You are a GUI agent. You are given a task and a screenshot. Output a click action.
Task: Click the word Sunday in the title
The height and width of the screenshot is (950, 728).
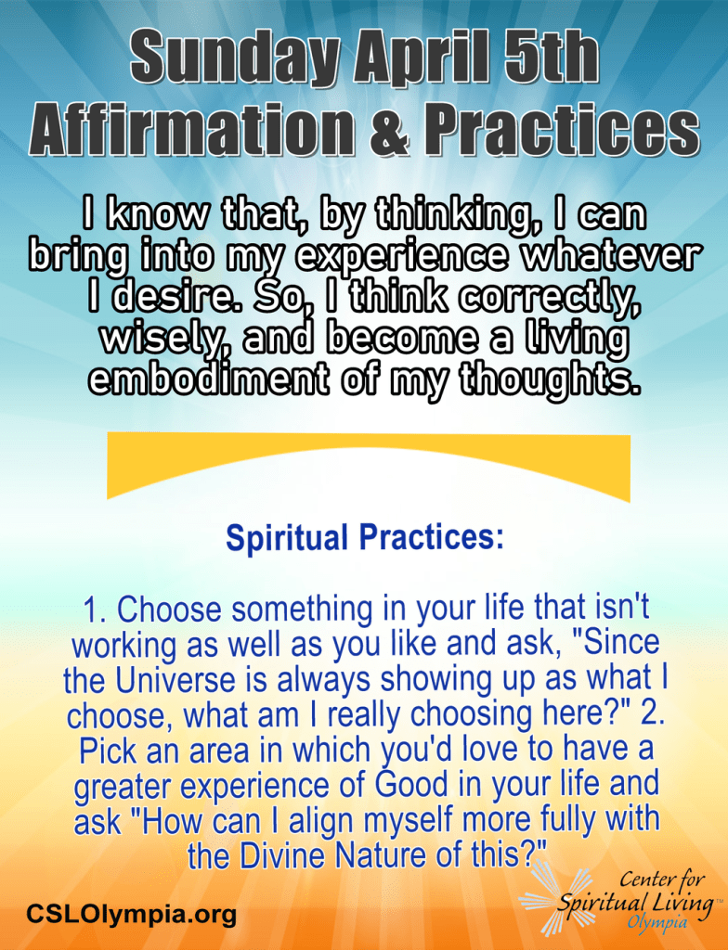click(x=235, y=58)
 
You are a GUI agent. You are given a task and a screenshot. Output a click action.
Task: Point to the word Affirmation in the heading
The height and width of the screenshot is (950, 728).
click(x=191, y=129)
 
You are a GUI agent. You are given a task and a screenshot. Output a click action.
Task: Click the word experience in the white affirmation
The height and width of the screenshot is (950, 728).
click(x=402, y=257)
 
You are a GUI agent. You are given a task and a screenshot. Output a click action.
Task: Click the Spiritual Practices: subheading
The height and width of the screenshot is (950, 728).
click(x=365, y=537)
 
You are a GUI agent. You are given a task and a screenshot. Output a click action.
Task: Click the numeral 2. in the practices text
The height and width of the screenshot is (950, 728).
click(x=653, y=714)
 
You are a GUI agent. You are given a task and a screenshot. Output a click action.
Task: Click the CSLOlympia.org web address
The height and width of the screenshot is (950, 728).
click(x=131, y=913)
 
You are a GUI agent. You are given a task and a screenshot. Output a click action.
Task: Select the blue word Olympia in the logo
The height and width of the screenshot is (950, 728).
click(x=657, y=923)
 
